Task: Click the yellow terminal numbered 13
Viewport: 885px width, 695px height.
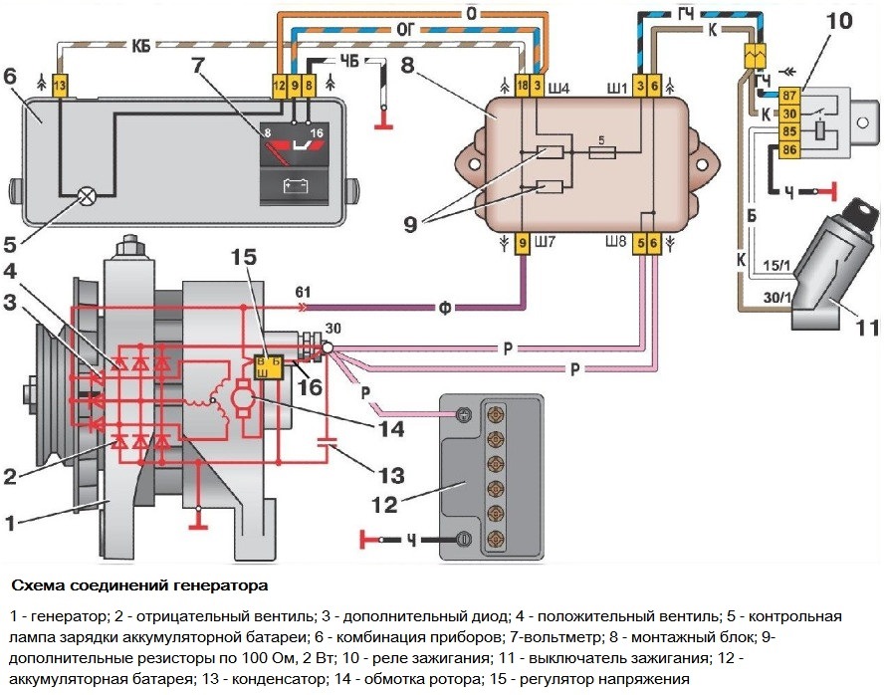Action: point(60,87)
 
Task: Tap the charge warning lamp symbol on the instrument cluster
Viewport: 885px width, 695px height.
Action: point(88,196)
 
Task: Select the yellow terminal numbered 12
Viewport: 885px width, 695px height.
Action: point(280,87)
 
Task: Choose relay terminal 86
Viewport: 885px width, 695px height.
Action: point(762,149)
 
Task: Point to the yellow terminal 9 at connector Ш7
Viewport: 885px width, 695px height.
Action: point(523,241)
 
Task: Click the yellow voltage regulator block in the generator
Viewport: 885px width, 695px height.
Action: point(270,366)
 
